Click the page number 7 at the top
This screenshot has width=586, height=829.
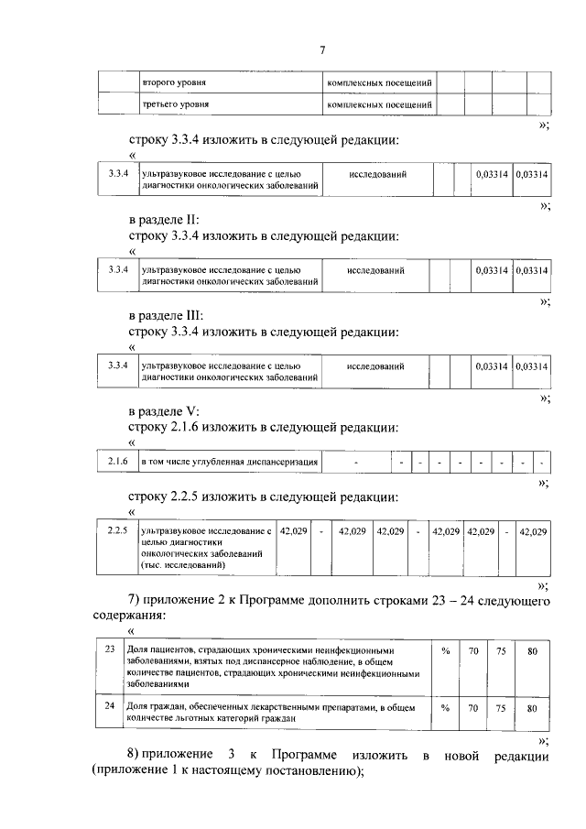pos(322,49)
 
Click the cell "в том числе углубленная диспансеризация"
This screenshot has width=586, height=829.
pos(229,463)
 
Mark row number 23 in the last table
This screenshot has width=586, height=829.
pos(110,649)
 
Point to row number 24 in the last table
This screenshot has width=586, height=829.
pos(110,706)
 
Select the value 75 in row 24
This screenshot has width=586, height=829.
pos(500,708)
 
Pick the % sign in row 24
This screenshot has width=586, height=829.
pos(446,708)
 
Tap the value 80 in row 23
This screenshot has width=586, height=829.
pos(532,651)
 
